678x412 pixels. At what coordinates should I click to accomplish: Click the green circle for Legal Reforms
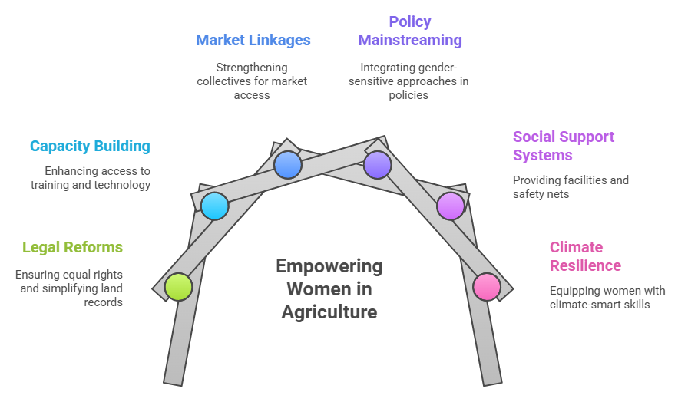pos(178,286)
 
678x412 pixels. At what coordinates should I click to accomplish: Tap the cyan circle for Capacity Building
pos(215,206)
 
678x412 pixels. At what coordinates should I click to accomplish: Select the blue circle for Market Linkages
pos(288,164)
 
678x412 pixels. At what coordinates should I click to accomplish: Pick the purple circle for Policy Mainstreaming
pos(377,164)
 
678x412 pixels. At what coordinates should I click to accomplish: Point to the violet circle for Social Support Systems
pos(451,206)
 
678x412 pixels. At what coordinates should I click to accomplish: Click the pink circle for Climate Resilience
pos(487,286)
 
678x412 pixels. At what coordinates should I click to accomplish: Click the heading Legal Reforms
pos(72,247)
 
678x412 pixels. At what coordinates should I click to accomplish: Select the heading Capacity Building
pos(90,146)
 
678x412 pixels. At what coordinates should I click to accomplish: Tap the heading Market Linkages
pos(253,40)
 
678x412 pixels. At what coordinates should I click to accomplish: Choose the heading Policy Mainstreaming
pos(409,31)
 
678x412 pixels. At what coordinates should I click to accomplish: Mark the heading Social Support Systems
pos(564,146)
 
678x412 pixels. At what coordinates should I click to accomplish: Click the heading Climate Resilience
pos(585,256)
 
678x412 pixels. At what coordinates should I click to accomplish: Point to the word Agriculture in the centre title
pos(329,312)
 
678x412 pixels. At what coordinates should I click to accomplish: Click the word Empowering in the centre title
pos(329,266)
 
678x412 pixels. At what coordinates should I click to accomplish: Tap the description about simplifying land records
pos(69,288)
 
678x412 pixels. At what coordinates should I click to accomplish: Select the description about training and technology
pos(91,177)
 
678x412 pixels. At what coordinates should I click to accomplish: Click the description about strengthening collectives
pos(253,81)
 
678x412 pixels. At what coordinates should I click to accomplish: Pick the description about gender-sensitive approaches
pos(408,81)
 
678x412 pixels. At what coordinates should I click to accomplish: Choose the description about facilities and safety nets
pos(571,186)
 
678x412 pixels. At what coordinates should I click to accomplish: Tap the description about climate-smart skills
pos(607,297)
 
